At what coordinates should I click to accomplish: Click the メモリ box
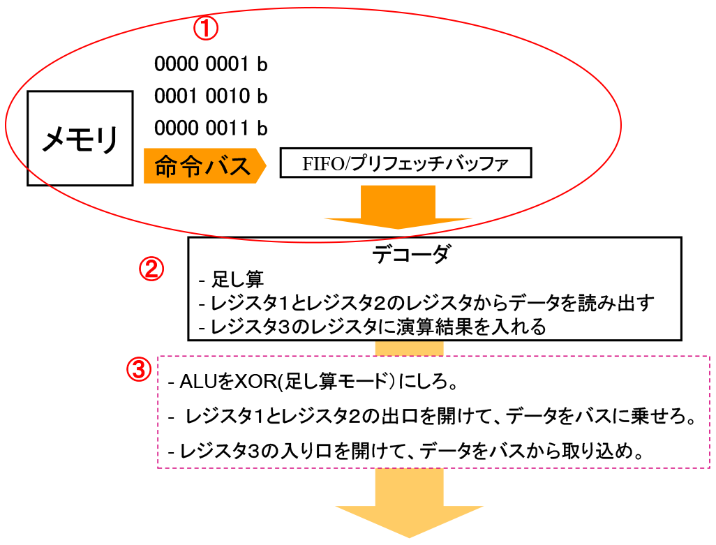[x=80, y=139]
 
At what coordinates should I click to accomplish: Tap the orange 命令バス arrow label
[x=203, y=166]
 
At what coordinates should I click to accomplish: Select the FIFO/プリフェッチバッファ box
[x=405, y=165]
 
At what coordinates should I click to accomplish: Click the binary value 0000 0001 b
[x=211, y=64]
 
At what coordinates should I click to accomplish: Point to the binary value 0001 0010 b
[x=211, y=96]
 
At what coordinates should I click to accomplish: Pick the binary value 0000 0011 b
[x=211, y=128]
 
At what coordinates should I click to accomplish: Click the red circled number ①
[x=205, y=29]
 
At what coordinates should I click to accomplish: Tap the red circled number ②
[x=152, y=269]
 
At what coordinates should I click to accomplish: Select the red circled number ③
[x=138, y=368]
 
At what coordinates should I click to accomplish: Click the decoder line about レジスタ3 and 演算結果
[x=372, y=326]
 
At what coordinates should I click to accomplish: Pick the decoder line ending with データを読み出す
[x=426, y=304]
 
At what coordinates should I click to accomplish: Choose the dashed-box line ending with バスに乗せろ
[x=433, y=417]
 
